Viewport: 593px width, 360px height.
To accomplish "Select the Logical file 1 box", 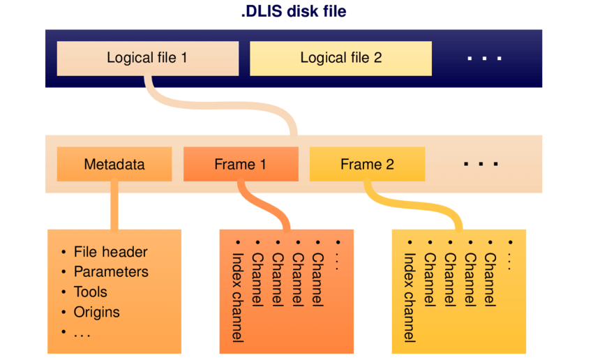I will click(x=147, y=58).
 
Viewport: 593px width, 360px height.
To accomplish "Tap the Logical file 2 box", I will click(x=340, y=58).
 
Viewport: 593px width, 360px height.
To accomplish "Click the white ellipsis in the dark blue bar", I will click(x=485, y=59).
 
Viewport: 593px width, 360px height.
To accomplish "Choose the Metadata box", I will click(x=114, y=165).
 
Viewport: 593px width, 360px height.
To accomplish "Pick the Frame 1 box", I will click(x=240, y=165).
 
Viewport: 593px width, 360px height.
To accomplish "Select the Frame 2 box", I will click(x=367, y=165).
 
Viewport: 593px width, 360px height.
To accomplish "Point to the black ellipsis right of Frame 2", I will click(x=481, y=165).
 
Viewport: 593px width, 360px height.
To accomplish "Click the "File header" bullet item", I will click(x=110, y=252).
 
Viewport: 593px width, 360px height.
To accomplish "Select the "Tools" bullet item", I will click(x=91, y=292).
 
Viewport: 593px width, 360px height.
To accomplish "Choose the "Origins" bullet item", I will click(x=96, y=312).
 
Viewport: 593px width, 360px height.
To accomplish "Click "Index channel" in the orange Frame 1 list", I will click(x=237, y=297).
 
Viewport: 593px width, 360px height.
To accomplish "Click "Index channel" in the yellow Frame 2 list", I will click(x=410, y=297).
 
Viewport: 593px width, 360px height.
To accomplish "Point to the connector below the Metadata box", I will click(x=114, y=206).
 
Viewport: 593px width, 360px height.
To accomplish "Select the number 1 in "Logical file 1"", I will click(x=183, y=58).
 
